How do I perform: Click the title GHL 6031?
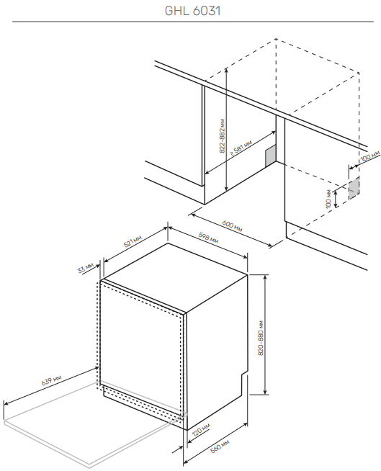click(192, 11)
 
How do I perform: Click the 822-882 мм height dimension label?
click(222, 136)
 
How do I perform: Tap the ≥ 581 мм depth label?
click(241, 148)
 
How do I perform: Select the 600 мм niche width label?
click(232, 226)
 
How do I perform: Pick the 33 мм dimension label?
click(85, 268)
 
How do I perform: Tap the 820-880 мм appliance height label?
click(261, 338)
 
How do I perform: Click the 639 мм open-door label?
click(51, 380)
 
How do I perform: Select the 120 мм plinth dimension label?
click(201, 430)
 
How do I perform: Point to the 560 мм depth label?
click(220, 446)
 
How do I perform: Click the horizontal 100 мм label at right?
click(371, 156)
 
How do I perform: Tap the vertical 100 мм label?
click(328, 198)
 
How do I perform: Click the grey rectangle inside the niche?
click(270, 156)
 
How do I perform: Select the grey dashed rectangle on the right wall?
click(354, 189)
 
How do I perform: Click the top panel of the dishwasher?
click(175, 277)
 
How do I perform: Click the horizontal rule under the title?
click(192, 22)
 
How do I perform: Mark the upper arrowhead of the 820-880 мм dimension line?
click(265, 277)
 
